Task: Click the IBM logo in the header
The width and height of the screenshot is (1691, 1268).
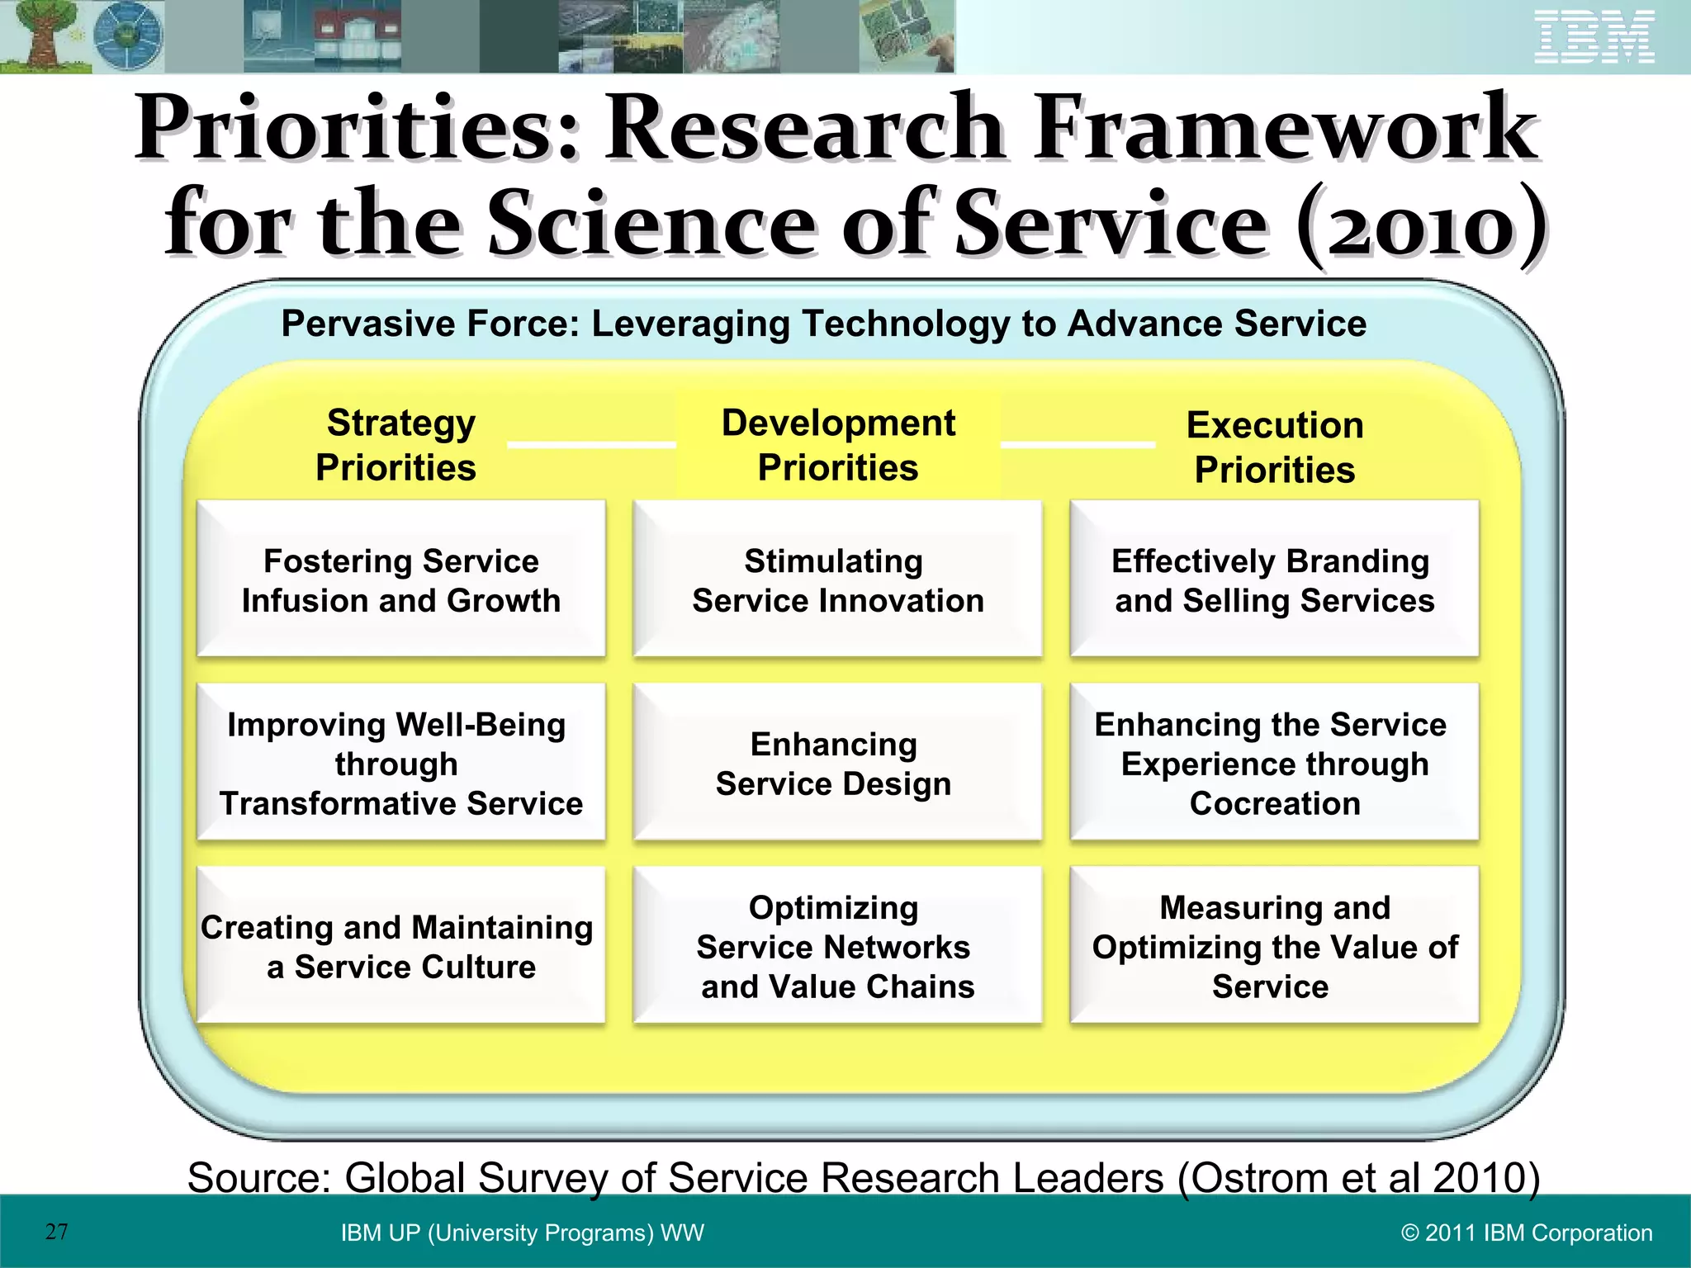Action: coord(1594,37)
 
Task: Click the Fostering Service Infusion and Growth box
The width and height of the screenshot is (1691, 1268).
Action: coord(401,580)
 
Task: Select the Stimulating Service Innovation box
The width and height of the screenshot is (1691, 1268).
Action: coord(837,580)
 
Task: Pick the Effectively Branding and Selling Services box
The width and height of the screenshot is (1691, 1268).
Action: coord(1274,580)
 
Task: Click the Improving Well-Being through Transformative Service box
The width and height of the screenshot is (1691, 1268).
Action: coord(401,763)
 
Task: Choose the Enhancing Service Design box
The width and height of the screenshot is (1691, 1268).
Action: coord(837,763)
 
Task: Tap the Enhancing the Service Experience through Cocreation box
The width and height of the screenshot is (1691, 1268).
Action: coord(1274,763)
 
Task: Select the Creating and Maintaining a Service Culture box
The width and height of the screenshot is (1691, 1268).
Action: coord(401,946)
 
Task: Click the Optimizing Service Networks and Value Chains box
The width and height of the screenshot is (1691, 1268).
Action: coord(837,946)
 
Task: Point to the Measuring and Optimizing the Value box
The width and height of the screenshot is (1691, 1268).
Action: coord(1274,946)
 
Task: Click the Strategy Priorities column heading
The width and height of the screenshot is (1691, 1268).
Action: coord(398,445)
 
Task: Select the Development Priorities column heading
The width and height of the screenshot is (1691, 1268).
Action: coord(838,445)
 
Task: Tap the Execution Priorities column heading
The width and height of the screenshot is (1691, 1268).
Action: coord(1275,447)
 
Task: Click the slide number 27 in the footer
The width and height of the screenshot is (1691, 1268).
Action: coord(56,1232)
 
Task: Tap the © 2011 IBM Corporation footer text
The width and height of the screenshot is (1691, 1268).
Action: coord(1527,1233)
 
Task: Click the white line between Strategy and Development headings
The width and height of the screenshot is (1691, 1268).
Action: coord(591,445)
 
